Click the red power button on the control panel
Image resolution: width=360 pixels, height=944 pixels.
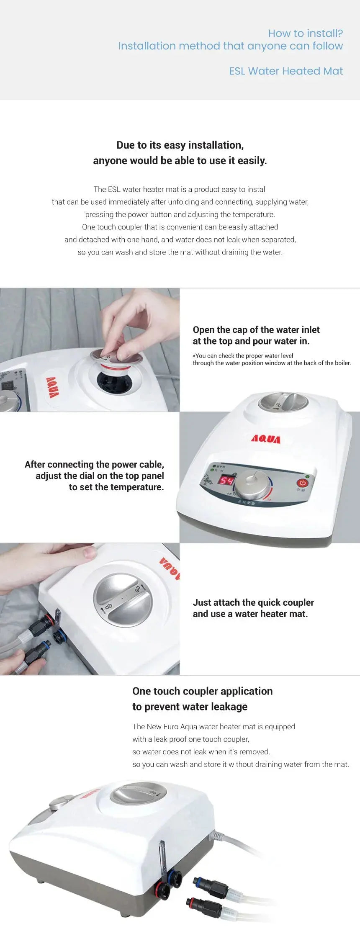302,483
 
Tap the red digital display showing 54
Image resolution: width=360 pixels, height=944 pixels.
226,481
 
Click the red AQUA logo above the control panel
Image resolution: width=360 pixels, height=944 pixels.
266,439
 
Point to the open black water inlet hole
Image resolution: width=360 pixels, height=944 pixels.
115,380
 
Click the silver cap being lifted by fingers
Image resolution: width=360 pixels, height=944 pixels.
116,357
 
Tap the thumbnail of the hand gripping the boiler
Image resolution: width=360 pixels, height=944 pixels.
90,609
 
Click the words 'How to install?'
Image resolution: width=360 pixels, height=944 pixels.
306,33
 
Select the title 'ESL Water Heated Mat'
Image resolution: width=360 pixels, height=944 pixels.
286,71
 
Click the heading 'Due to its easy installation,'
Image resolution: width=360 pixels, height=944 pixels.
180,145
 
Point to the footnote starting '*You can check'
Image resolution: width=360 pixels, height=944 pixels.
272,359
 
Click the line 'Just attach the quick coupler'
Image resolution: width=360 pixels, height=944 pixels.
253,602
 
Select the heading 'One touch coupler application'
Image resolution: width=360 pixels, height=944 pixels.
203,691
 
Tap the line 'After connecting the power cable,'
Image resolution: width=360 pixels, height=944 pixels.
94,464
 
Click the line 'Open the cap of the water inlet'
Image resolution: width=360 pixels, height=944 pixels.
256,330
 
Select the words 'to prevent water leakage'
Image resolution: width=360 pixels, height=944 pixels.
190,707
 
